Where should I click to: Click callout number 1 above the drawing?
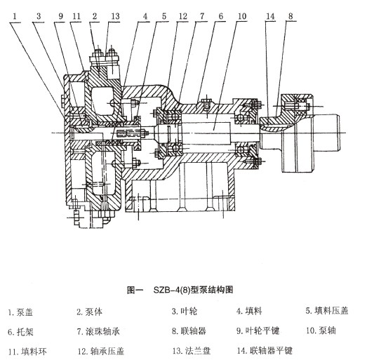15,16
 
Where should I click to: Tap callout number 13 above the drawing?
115,16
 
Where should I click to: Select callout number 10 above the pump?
242,16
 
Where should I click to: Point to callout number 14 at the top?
270,16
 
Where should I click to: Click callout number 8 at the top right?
290,16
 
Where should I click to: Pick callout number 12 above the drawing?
183,16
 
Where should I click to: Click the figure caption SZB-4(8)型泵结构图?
180,290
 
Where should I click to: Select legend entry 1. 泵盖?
20,312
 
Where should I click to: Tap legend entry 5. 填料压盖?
327,311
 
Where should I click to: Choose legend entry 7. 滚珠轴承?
98,331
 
